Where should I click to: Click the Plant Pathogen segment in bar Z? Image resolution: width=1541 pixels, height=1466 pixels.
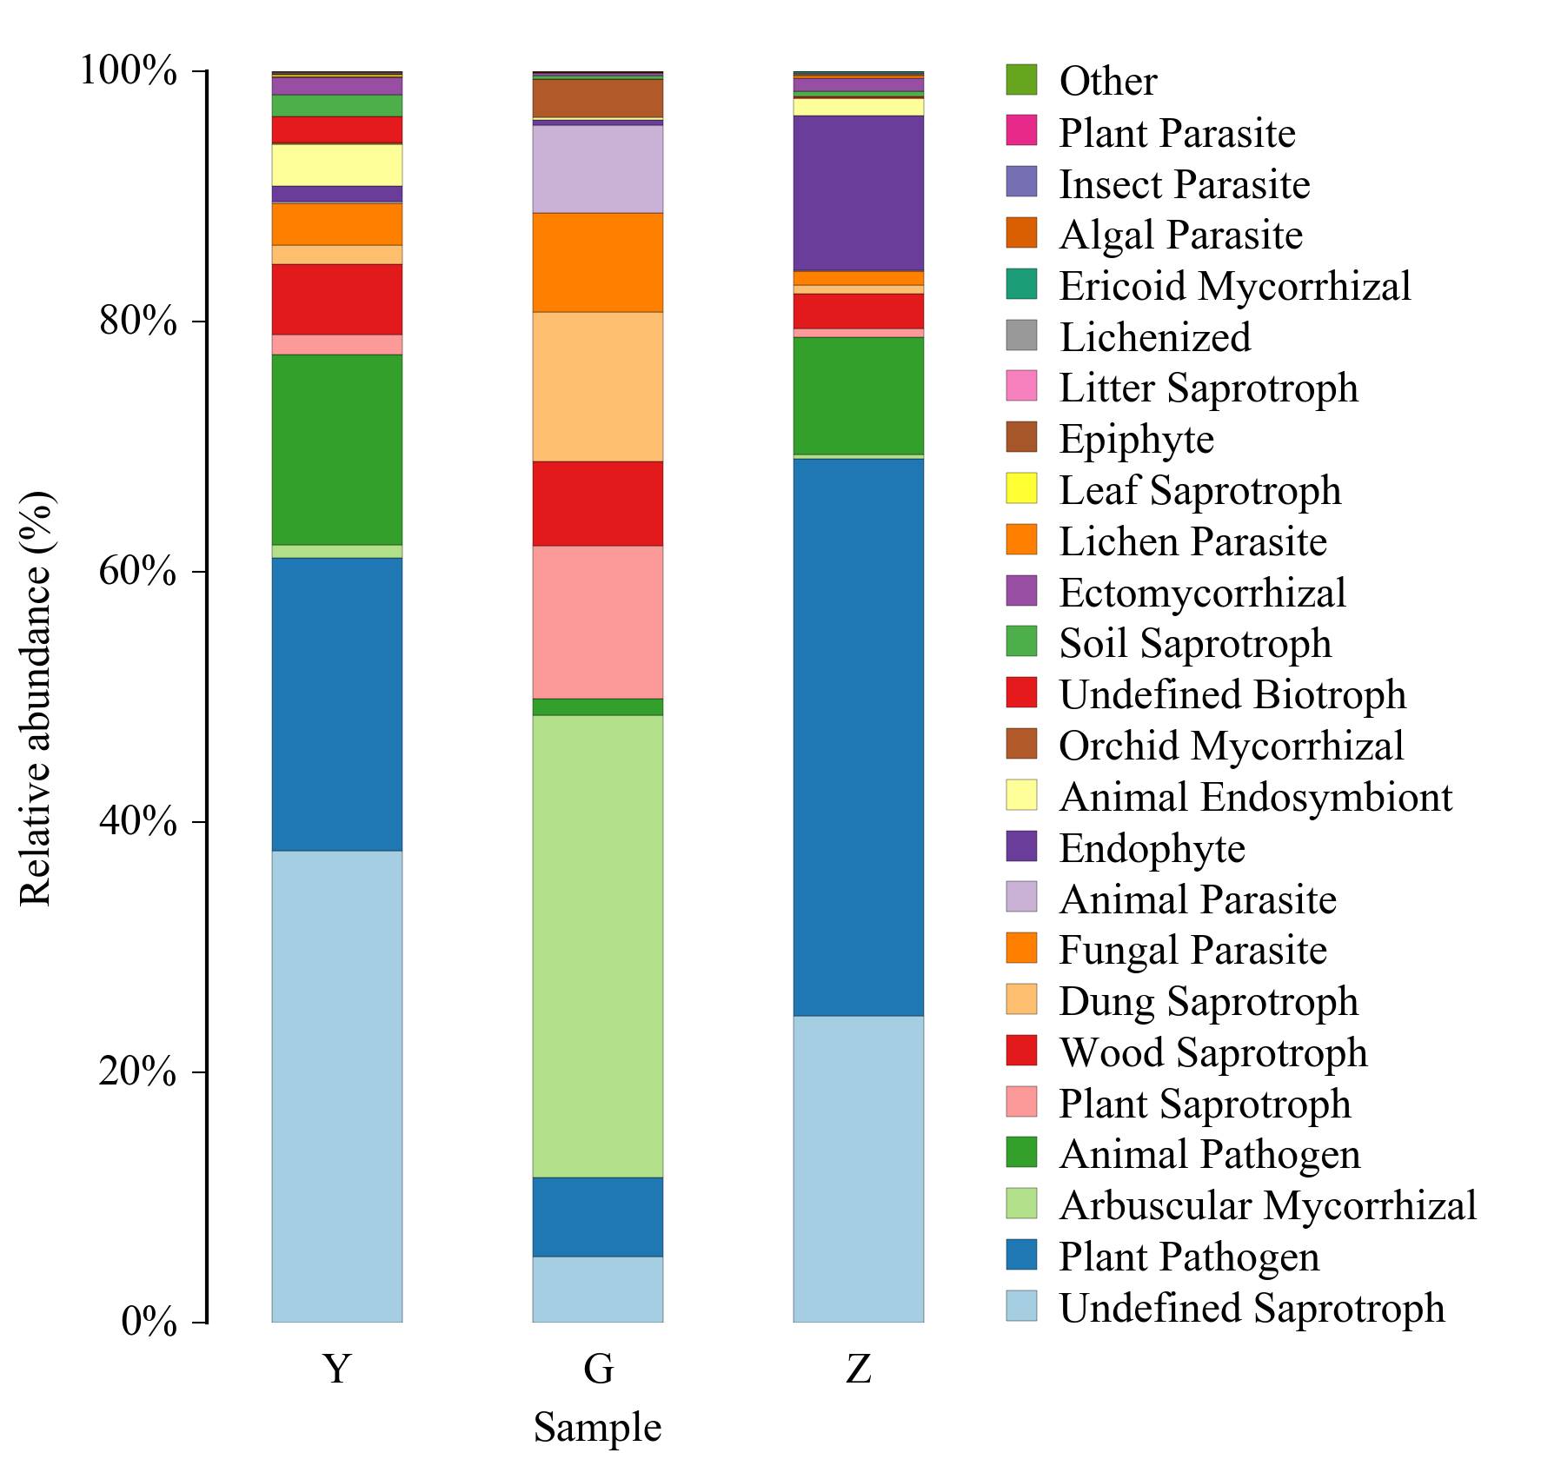coord(858,736)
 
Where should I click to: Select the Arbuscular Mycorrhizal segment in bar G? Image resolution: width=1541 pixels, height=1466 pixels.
coord(597,945)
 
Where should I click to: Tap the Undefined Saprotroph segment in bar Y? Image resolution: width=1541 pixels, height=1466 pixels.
coord(336,1086)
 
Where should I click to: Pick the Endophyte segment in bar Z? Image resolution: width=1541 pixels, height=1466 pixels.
coord(858,193)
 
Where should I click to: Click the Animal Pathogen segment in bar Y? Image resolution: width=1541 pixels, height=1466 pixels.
coord(336,449)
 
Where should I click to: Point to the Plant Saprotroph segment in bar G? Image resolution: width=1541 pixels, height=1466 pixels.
coord(597,621)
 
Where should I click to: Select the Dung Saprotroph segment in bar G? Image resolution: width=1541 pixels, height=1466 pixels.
coord(597,386)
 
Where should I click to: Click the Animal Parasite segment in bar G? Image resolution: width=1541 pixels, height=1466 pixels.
coord(597,169)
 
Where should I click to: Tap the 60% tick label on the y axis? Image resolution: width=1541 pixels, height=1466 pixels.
coord(138,572)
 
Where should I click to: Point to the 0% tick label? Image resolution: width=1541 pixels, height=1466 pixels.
coord(149,1322)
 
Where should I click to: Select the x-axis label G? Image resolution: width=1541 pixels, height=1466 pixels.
coord(598,1369)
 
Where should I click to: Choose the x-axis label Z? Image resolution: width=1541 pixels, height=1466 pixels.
coord(858,1369)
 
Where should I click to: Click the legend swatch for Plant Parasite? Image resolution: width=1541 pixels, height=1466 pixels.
coord(1021,131)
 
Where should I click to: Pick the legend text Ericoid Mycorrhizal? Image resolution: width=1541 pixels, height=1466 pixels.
coord(1234,286)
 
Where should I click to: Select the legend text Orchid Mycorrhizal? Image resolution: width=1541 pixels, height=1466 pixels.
coord(1231,745)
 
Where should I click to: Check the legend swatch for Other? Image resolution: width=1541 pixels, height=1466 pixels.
coord(1021,80)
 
